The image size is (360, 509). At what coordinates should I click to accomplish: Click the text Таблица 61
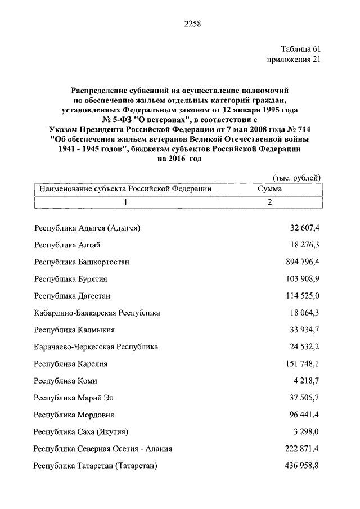[x=299, y=49]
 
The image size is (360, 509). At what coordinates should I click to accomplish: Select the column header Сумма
[x=270, y=190]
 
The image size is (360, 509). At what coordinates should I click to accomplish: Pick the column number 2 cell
[x=270, y=202]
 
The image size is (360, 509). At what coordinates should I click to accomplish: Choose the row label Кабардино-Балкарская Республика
[x=97, y=313]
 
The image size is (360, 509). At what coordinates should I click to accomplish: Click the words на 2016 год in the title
[x=179, y=159]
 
